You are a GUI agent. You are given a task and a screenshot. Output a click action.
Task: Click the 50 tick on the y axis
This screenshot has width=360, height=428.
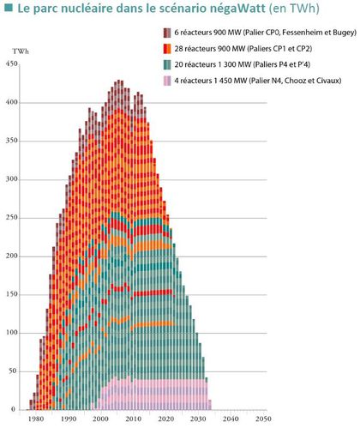tap(12, 371)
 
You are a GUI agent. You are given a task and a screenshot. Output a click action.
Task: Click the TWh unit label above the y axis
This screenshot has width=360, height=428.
tap(16, 53)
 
